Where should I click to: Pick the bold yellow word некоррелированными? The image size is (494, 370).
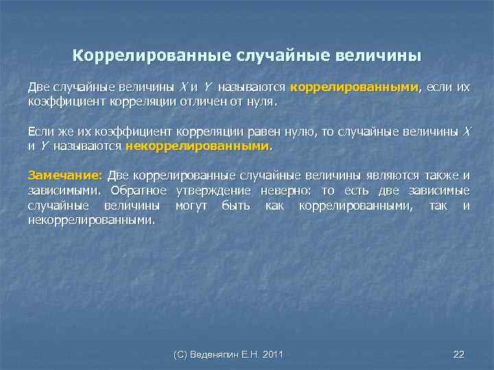198,146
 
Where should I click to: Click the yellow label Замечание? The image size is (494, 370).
64,175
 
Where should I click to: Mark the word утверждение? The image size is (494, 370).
212,190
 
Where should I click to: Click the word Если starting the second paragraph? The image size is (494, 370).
40,132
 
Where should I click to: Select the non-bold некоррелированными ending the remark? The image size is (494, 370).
91,221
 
